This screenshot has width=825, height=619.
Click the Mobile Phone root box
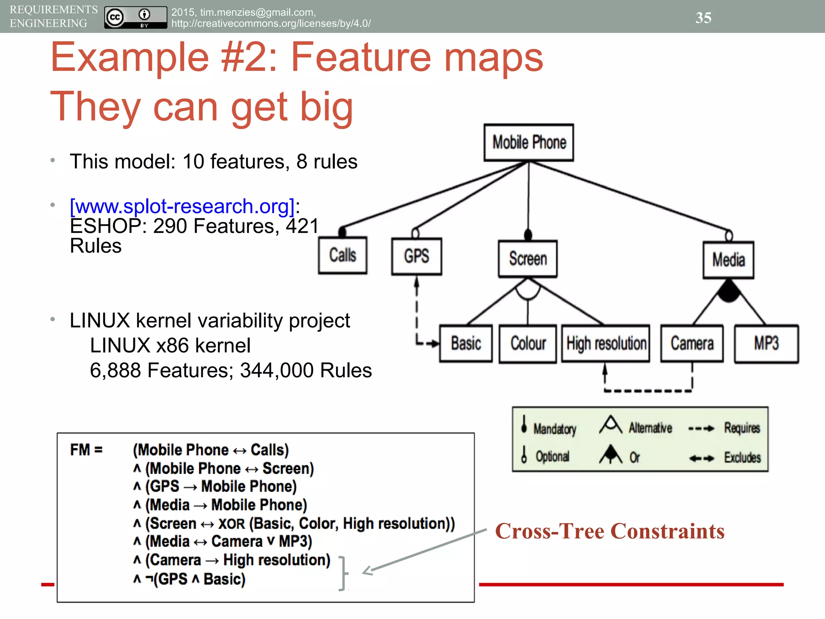click(x=529, y=143)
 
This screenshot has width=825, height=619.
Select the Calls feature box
click(x=342, y=255)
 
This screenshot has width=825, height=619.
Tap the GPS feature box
click(x=417, y=256)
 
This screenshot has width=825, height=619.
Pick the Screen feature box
click(x=528, y=259)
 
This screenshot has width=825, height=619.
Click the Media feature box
click(x=728, y=260)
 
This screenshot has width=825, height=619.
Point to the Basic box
click(x=466, y=344)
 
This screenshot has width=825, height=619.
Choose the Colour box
click(x=528, y=344)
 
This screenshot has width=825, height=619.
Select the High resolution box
click(x=606, y=344)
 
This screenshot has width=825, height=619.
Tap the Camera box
click(x=692, y=344)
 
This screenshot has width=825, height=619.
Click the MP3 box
click(x=766, y=344)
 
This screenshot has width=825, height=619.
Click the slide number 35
click(x=703, y=18)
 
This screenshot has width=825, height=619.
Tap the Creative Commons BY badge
click(x=135, y=18)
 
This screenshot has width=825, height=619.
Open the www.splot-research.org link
click(x=182, y=206)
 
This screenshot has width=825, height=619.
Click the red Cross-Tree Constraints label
click(x=609, y=531)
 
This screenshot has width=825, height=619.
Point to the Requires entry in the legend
click(x=742, y=428)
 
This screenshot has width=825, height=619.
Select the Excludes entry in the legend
click(x=742, y=457)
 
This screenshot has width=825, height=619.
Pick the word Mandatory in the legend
click(x=555, y=429)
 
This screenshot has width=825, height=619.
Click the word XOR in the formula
click(x=231, y=524)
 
